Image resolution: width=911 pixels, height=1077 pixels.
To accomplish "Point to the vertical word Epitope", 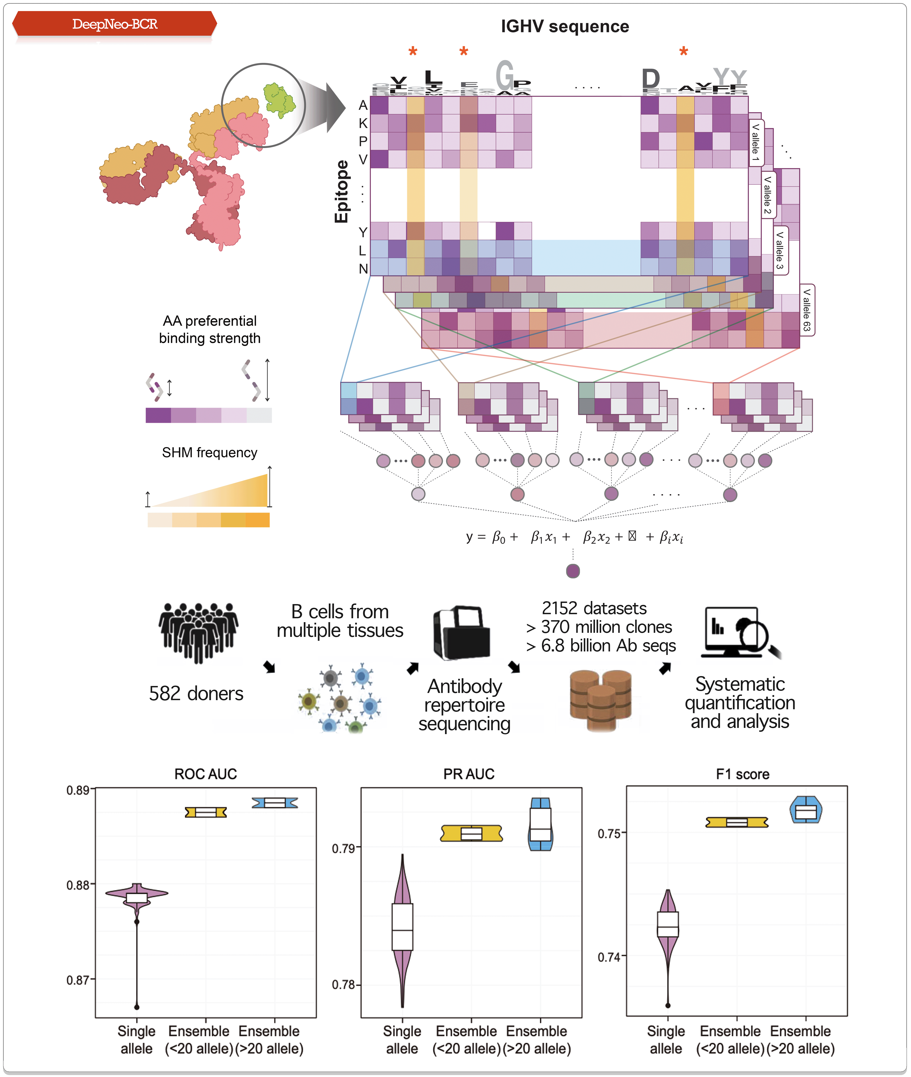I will point(341,191).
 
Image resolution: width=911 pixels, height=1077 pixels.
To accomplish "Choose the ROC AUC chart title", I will point(206,774).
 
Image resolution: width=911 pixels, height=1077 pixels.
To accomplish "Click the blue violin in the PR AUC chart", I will point(540,824).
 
